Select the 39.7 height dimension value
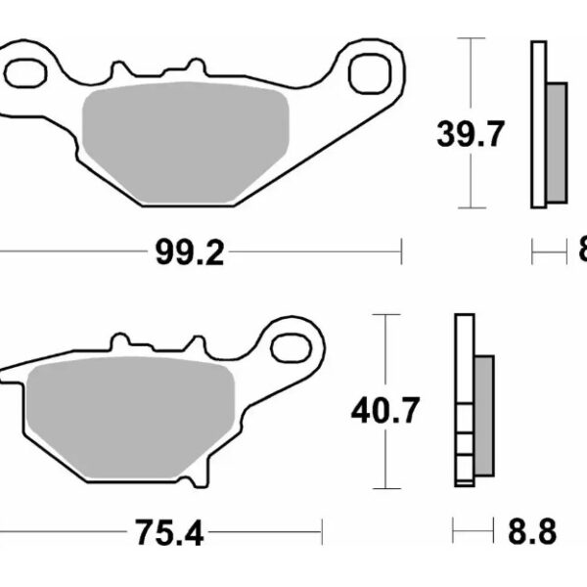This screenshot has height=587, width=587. tap(472, 134)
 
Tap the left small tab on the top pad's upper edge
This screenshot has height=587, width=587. tap(121, 70)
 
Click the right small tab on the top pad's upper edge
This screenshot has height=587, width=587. tap(201, 70)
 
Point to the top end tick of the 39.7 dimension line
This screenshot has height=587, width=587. tap(473, 38)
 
